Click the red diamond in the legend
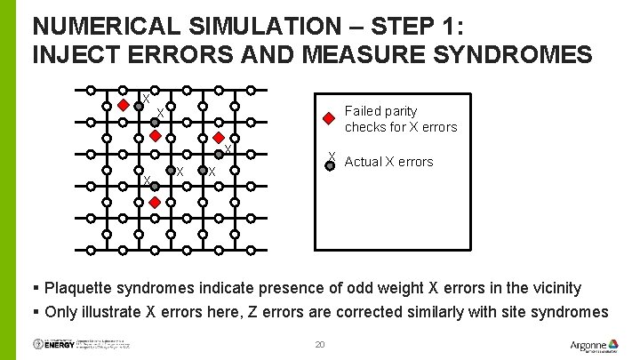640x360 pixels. click(329, 117)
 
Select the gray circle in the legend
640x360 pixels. click(330, 164)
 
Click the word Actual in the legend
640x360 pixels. click(364, 162)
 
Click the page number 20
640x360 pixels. click(321, 345)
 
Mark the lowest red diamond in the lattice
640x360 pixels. click(155, 204)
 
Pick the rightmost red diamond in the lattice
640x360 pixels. click(219, 138)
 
